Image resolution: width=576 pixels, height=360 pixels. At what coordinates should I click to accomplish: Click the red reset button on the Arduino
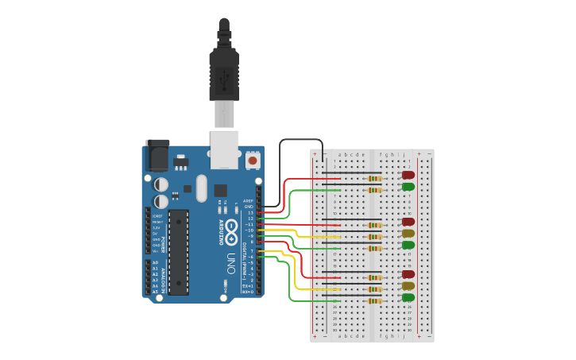253,161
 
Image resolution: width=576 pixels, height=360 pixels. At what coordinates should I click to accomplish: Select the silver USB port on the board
223,149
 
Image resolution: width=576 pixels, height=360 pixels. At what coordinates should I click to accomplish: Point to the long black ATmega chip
179,251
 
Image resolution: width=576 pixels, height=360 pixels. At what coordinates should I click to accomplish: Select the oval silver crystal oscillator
201,188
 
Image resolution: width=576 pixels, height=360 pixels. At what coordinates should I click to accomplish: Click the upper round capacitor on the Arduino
161,183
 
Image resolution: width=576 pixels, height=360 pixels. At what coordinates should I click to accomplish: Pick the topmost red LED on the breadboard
408,175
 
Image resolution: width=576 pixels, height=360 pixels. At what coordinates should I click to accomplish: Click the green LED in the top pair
408,187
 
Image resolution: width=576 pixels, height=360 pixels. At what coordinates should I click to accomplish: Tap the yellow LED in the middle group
408,234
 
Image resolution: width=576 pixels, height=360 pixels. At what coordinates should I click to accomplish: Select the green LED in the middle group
408,245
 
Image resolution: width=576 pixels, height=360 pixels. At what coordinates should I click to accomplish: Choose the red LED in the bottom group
408,274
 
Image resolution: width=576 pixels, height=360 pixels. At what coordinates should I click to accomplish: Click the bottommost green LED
408,297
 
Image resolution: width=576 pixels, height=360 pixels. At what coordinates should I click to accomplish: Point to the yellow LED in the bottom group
408,285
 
